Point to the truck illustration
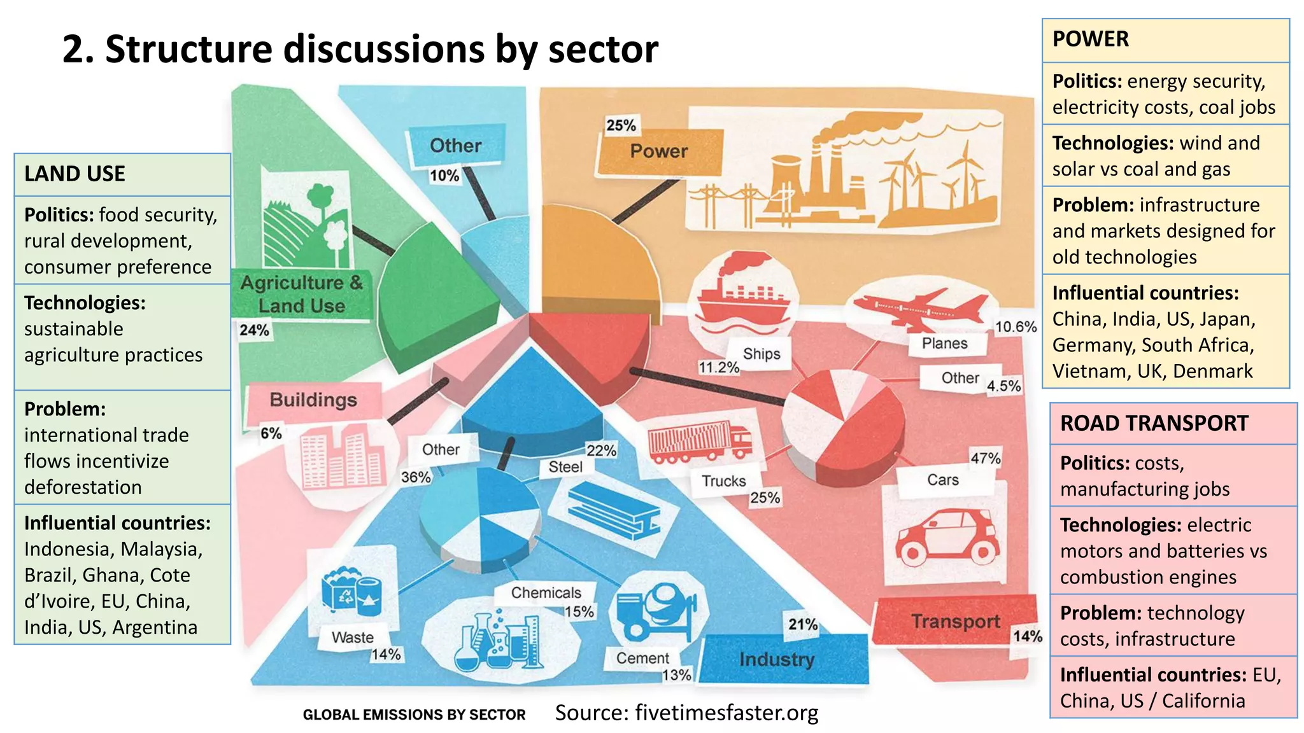tap(699, 440)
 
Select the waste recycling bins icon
tap(351, 592)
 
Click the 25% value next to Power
tap(621, 125)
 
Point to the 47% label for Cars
tap(985, 458)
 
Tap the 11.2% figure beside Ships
tap(719, 368)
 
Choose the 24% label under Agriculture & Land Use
tap(254, 330)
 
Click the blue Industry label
tap(777, 660)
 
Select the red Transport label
tap(955, 621)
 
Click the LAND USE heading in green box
tap(74, 174)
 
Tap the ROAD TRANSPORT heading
tap(1154, 423)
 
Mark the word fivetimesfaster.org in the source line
tap(726, 713)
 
